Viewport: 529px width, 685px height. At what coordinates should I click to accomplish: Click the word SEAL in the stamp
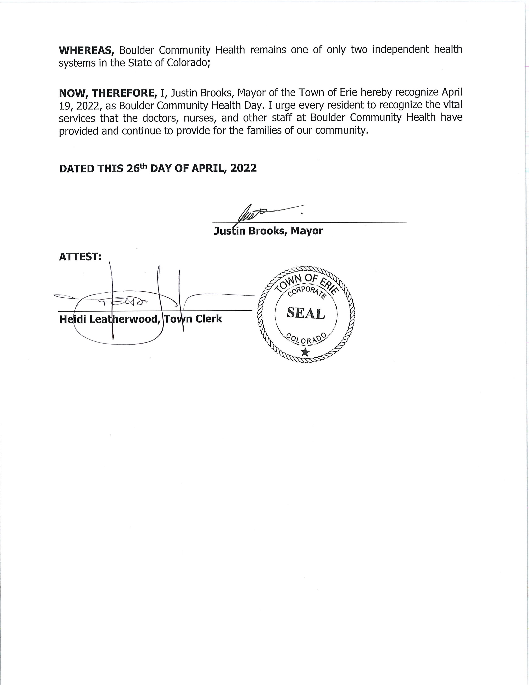(306, 313)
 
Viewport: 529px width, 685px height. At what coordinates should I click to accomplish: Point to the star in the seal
(305, 352)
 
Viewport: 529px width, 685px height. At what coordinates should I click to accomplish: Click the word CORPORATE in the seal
(306, 291)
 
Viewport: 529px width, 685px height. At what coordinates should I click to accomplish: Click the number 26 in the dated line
(133, 168)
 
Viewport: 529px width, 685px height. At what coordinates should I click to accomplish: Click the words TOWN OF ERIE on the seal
(306, 281)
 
